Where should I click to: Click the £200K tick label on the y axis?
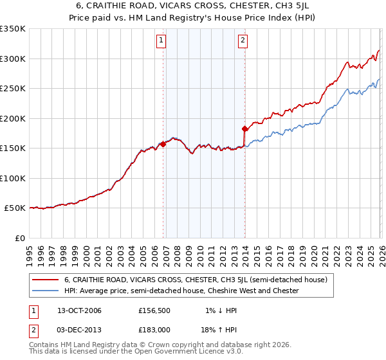(13, 118)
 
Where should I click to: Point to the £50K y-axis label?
(15, 208)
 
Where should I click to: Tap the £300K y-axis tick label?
(13, 59)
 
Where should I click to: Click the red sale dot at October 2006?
(163, 145)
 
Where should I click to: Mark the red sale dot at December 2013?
(244, 129)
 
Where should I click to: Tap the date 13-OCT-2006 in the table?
(75, 310)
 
